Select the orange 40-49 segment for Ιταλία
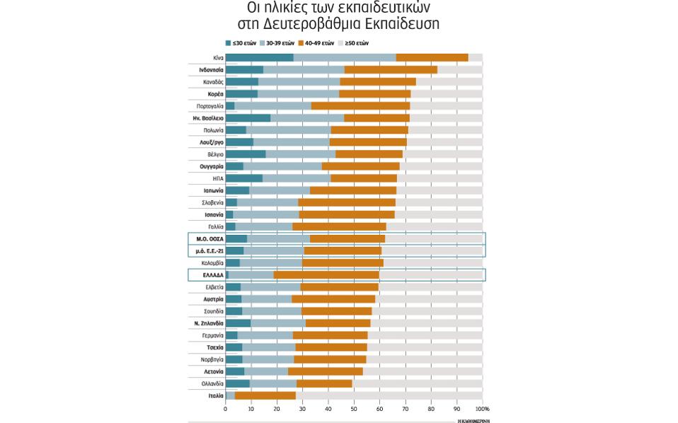[265, 395]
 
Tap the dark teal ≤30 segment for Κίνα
[259, 57]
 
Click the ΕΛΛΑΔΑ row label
[213, 275]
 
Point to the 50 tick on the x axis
[354, 409]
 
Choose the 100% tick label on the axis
[483, 409]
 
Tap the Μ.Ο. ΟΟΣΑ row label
[210, 239]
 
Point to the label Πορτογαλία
[210, 106]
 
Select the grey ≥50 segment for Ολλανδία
[418, 383]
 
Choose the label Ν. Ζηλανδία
[209, 323]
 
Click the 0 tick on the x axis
[226, 409]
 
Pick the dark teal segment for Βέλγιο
[246, 154]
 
